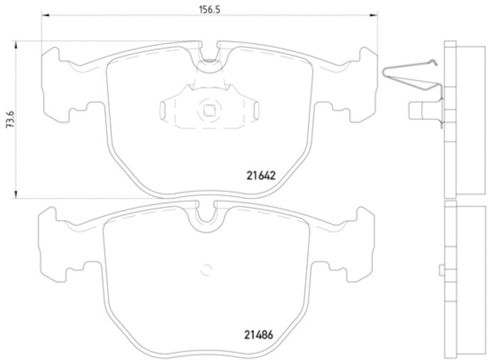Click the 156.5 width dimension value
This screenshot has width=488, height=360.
click(x=209, y=10)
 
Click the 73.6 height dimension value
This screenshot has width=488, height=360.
click(x=10, y=120)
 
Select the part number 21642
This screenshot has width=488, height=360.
click(x=261, y=176)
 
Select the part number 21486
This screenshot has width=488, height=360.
click(x=258, y=335)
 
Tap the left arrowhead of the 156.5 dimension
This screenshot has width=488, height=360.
click(x=45, y=14)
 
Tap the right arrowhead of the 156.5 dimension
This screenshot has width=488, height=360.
click(x=373, y=14)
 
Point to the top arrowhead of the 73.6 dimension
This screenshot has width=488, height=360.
click(x=15, y=45)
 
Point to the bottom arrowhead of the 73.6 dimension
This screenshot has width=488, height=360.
click(x=15, y=194)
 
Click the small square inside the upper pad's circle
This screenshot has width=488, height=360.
click(x=209, y=110)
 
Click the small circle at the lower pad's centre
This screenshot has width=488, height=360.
click(x=206, y=270)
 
